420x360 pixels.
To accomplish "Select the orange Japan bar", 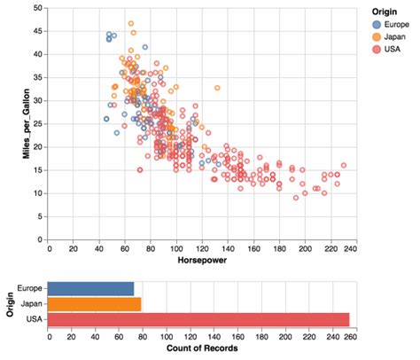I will coord(94,304).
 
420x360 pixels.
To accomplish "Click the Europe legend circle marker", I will coord(377,24).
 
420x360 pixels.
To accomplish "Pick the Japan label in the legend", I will coord(395,36).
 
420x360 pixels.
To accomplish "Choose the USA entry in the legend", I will coord(393,49).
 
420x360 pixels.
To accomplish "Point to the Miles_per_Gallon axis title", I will coord(15,124).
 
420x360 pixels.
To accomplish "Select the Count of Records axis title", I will coord(199,351).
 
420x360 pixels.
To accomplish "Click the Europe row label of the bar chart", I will coord(30,288).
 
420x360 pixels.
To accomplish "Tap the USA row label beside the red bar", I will coord(35,319).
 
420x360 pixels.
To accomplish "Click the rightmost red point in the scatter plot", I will coord(343,165).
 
